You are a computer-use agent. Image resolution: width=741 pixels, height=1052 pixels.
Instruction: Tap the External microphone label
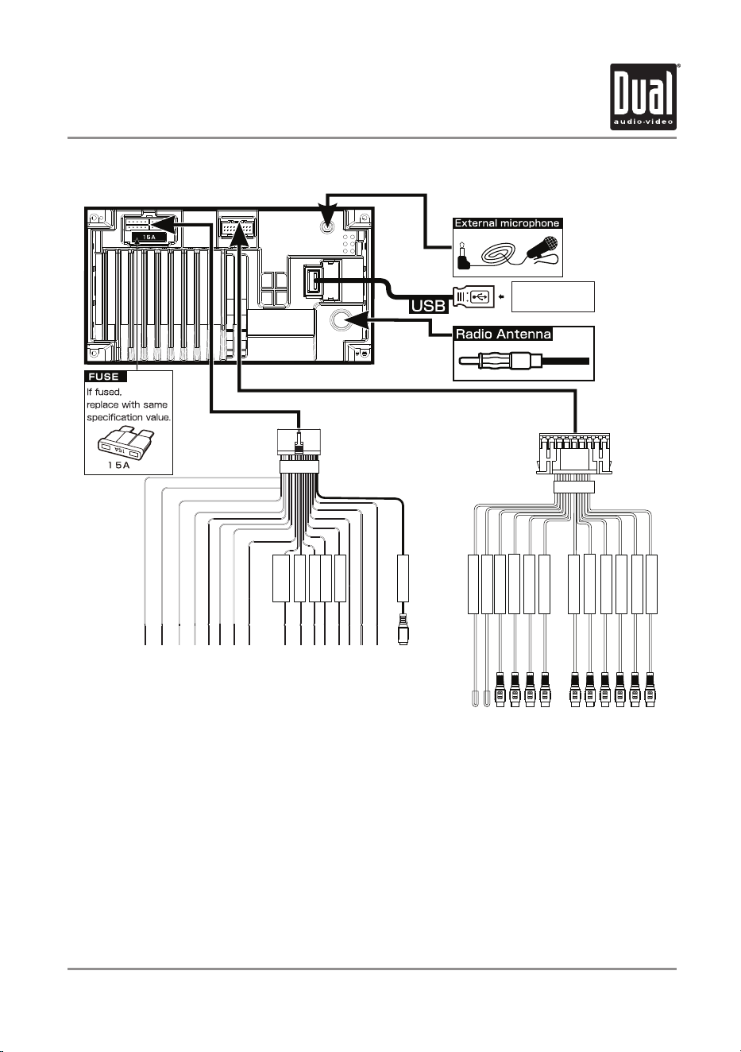[x=507, y=223]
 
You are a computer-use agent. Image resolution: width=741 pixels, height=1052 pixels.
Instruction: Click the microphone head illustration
[x=546, y=246]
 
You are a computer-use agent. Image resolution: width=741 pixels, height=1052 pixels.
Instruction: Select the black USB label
[x=428, y=306]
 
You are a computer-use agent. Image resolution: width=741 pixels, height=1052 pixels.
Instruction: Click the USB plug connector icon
[x=474, y=297]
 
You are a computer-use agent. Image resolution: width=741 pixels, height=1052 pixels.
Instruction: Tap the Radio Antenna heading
[x=503, y=334]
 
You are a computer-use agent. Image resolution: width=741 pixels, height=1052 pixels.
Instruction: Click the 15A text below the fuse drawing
[x=119, y=466]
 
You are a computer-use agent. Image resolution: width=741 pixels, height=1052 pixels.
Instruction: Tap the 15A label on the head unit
[x=149, y=238]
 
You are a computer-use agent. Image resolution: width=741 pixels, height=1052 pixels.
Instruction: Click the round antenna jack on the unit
[x=338, y=319]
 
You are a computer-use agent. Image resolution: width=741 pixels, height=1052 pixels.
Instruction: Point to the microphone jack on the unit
[x=327, y=227]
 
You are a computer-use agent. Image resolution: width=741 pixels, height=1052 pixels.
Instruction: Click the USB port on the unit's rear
[x=311, y=281]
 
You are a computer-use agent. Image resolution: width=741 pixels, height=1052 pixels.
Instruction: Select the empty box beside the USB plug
[x=553, y=296]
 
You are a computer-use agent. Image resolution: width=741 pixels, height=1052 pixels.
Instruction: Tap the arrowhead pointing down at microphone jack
[x=327, y=211]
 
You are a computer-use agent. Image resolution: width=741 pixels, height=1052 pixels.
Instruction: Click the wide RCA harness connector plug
[x=574, y=454]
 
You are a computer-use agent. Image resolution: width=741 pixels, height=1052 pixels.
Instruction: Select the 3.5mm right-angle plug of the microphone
[x=464, y=257]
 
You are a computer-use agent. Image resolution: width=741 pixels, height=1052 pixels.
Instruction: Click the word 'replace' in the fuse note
[x=102, y=405]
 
